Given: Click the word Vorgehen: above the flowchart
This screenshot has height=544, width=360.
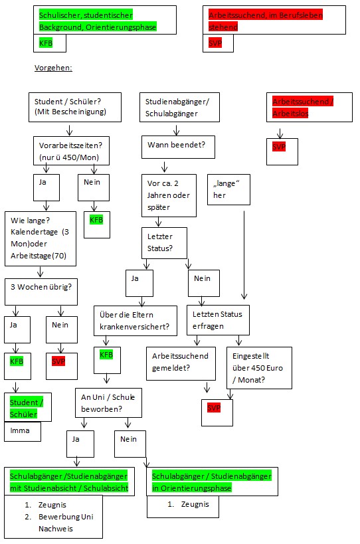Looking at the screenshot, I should [53, 68].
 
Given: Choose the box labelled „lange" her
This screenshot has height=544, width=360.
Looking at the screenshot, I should [229, 189].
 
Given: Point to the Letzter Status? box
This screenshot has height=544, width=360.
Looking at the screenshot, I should [164, 243].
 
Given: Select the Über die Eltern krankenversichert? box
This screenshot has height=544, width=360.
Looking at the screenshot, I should [135, 321].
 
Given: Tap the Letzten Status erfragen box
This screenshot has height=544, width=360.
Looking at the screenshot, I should [217, 319].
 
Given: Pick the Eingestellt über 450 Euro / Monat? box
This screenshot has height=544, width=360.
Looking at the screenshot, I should [259, 367].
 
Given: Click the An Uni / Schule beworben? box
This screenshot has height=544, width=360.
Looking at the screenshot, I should [107, 403].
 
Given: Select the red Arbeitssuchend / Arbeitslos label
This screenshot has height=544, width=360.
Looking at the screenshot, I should [303, 107].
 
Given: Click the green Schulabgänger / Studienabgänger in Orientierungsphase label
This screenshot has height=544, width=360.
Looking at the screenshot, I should [211, 482].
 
